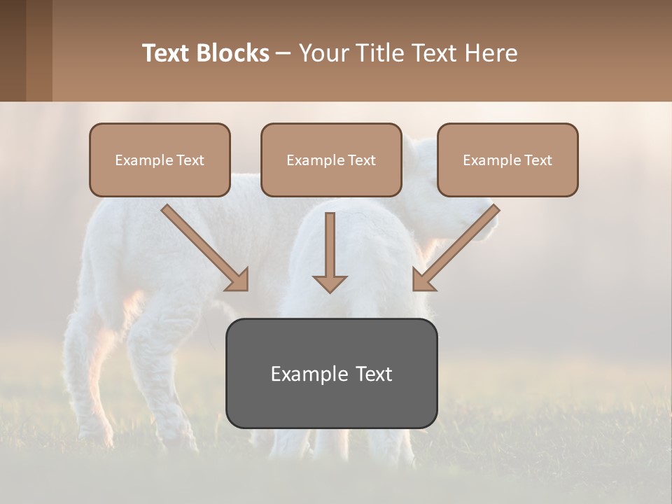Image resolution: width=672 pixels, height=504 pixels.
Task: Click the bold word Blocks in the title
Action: [232, 53]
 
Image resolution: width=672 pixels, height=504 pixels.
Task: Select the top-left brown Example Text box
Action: [160, 160]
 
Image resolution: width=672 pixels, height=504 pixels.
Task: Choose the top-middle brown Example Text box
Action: [331, 160]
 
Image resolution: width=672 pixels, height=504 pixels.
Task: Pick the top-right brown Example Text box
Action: [507, 160]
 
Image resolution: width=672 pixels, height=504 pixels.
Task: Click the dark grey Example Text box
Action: [331, 373]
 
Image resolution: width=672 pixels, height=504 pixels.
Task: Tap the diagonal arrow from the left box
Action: [203, 246]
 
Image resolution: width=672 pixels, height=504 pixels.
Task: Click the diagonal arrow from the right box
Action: [458, 246]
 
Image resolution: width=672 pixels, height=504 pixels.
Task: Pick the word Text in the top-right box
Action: [538, 160]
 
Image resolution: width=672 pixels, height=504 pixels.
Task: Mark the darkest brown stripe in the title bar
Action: [13, 50]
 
